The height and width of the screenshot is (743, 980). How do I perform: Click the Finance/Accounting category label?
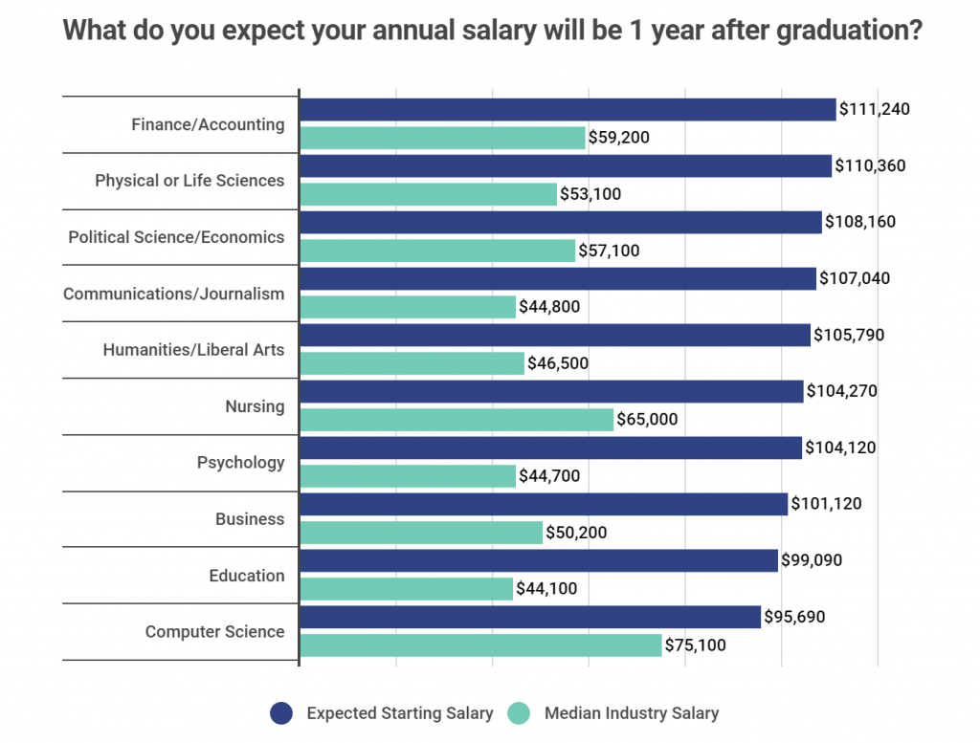[x=208, y=124]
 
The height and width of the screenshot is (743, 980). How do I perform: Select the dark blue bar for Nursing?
[x=551, y=391]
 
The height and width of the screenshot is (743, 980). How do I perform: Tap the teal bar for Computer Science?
[x=480, y=645]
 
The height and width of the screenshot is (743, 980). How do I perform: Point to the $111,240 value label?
[x=874, y=109]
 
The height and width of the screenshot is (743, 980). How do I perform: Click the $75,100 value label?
[x=696, y=645]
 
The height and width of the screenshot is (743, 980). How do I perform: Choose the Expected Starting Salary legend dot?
[x=280, y=712]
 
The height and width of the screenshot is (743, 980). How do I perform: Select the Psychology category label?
[x=240, y=462]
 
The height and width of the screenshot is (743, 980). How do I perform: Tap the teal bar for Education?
[x=406, y=589]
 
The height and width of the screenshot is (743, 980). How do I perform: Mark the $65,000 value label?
[x=648, y=420]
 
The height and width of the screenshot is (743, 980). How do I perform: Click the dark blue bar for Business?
[x=544, y=504]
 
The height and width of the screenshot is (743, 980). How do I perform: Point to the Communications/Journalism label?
[x=173, y=294]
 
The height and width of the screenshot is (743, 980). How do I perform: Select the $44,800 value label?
[x=549, y=307]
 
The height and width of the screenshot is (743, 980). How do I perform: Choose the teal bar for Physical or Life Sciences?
[x=428, y=194]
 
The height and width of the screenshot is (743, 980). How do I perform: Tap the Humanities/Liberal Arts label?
[x=193, y=350]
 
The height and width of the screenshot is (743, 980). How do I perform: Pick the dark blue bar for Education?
[x=539, y=560]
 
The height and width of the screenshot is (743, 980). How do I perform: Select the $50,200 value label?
[x=576, y=533]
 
